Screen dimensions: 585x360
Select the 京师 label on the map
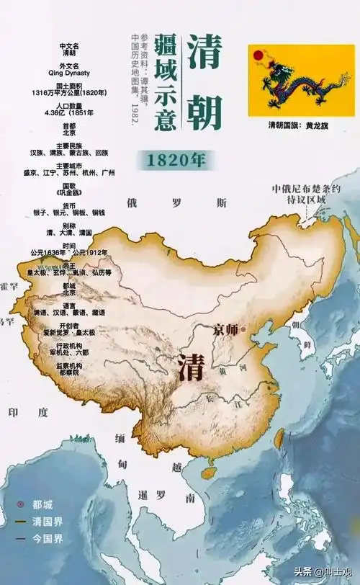(x=225, y=329)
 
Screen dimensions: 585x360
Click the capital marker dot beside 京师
(x=243, y=329)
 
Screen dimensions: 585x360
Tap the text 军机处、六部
(x=69, y=352)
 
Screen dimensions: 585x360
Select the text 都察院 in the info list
(x=69, y=372)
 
